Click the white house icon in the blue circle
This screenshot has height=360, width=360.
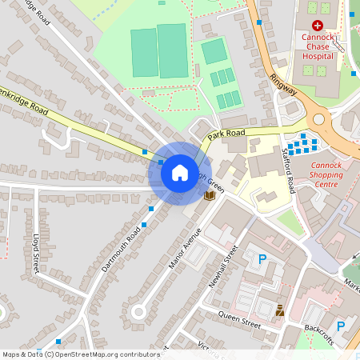pos(179,172)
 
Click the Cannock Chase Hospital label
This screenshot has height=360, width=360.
pos(318,46)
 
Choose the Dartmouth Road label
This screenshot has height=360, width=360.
pos(122,248)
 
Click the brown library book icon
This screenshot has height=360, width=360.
pos(210,195)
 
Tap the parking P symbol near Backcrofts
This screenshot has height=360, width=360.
pos(340,326)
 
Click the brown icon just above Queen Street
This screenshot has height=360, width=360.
pos(279,310)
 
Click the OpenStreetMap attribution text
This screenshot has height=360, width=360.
pos(80,354)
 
